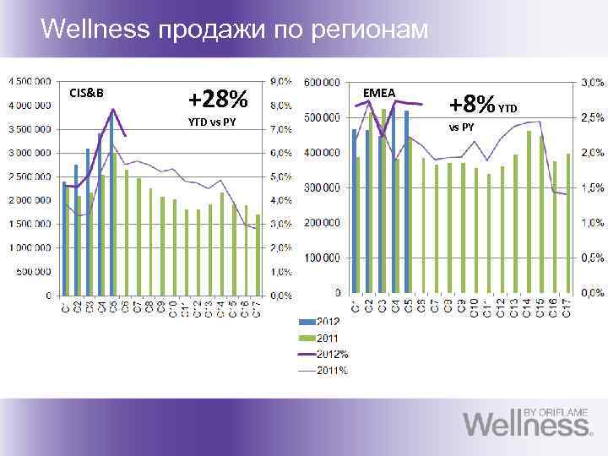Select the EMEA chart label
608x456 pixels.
(378, 91)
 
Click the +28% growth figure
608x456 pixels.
(218, 100)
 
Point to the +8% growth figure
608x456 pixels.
(472, 105)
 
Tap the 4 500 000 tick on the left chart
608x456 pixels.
(28, 82)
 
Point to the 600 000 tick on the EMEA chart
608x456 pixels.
(323, 82)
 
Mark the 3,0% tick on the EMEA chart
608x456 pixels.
(591, 82)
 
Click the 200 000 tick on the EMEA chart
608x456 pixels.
(323, 222)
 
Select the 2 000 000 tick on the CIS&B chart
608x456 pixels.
(28, 200)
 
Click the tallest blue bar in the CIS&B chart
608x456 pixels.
(111, 203)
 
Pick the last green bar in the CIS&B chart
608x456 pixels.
(258, 254)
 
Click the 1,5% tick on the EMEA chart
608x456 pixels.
(591, 187)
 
